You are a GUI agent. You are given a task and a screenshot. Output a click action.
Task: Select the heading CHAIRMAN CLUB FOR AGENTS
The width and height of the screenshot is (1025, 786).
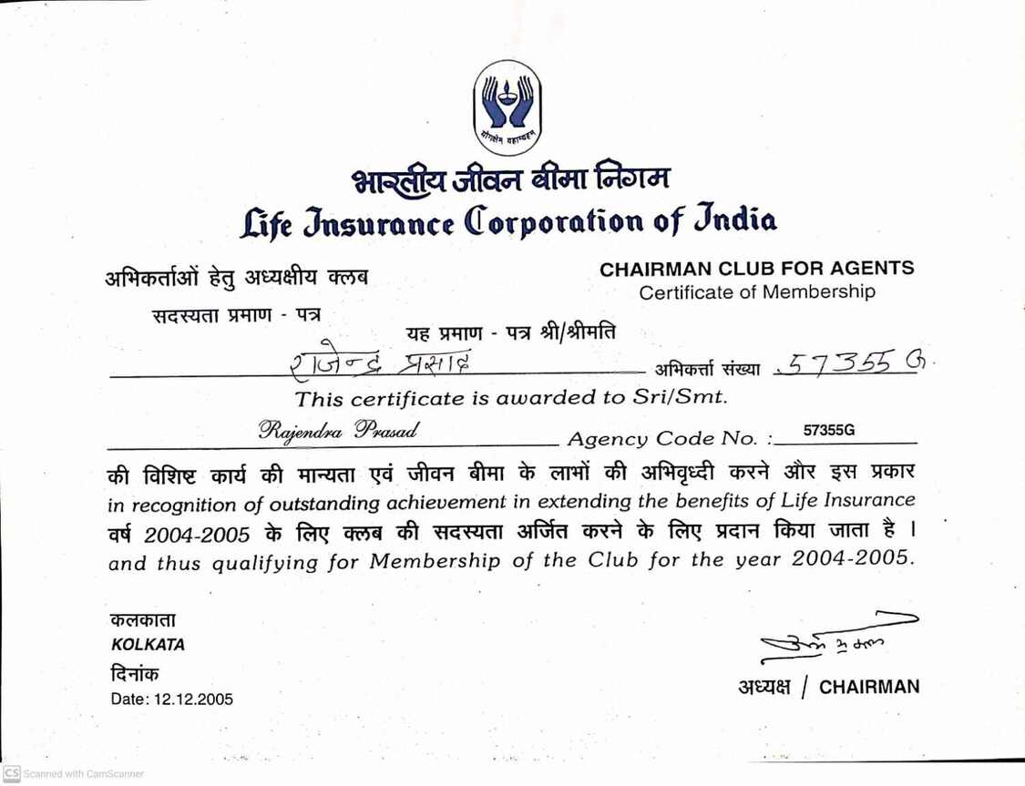[x=756, y=269]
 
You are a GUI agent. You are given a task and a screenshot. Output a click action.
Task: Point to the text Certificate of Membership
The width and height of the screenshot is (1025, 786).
[x=756, y=292]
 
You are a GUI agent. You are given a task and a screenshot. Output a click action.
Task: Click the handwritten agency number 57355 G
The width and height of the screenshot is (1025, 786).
[x=852, y=364]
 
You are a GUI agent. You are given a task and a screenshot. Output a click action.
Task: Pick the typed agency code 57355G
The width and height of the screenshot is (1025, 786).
[x=829, y=430]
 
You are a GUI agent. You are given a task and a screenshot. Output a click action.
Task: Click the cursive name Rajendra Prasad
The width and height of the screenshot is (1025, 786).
[x=339, y=430]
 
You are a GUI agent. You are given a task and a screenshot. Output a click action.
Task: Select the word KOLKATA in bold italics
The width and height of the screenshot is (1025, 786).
[x=148, y=645]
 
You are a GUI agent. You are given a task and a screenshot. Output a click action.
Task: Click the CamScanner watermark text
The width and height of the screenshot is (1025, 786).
[x=83, y=773]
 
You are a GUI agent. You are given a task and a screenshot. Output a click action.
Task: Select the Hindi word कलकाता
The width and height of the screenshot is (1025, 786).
[x=143, y=621]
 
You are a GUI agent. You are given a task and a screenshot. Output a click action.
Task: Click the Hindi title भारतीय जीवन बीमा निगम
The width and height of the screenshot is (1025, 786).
[x=511, y=178]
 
